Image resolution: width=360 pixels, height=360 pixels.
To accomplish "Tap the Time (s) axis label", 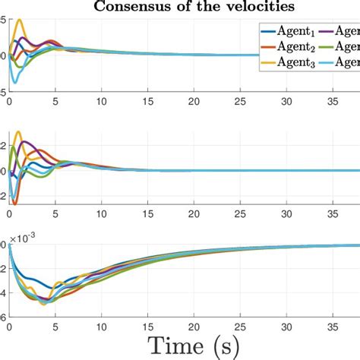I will click(x=179, y=346).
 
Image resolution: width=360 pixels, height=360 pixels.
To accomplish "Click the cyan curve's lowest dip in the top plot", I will click(x=14, y=82).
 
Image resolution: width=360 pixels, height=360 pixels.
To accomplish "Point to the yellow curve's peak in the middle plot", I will click(x=18, y=132).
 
